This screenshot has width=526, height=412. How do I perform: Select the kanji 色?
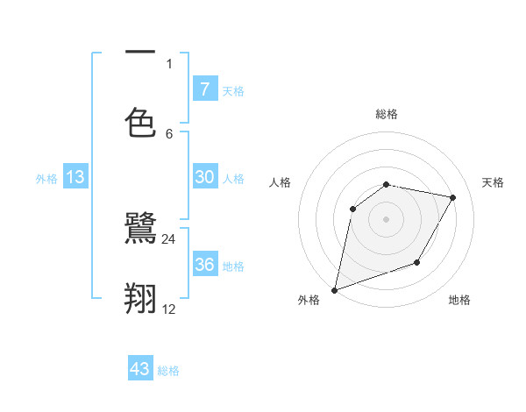[x=140, y=122]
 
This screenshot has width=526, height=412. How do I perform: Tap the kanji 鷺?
[x=140, y=230]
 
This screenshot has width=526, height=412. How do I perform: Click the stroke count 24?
[x=169, y=239]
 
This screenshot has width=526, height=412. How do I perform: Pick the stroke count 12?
[x=169, y=309]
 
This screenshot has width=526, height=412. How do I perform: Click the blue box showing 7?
[x=204, y=89]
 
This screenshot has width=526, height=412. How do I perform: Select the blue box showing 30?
[x=204, y=177]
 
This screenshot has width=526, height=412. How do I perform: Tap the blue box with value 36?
[x=204, y=264]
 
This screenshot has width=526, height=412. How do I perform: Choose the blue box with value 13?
[x=75, y=177]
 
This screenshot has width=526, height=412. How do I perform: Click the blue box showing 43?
[x=140, y=369]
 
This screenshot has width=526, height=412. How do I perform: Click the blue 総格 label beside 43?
[x=168, y=371]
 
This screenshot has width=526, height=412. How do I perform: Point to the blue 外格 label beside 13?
[x=46, y=179]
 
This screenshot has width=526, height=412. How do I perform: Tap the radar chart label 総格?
[x=386, y=114]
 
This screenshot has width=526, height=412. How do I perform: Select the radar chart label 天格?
[x=494, y=182]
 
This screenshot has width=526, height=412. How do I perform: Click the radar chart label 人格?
[x=280, y=182]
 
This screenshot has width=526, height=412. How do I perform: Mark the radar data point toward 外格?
[x=334, y=290]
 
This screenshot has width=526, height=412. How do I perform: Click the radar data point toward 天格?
[x=453, y=197]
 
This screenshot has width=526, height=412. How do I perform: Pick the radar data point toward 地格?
[x=417, y=262]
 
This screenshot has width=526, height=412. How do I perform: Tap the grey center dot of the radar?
[x=386, y=219]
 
